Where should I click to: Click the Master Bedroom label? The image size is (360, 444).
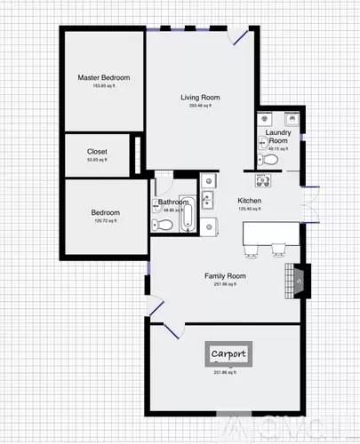click(x=100, y=78)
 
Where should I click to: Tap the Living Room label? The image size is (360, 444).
click(x=201, y=98)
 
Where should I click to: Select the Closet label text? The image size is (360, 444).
click(x=97, y=151)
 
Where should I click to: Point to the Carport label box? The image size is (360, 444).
click(x=228, y=353)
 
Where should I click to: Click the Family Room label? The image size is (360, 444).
click(x=225, y=276)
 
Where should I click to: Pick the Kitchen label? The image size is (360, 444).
click(x=249, y=202)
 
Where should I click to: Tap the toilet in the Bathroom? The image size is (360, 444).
click(x=160, y=224)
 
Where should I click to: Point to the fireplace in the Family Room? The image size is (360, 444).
click(x=298, y=281)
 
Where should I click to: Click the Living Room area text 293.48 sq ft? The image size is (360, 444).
click(x=201, y=106)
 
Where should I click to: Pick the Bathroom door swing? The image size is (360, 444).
click(x=164, y=186)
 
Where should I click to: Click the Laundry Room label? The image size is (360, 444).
click(x=277, y=137)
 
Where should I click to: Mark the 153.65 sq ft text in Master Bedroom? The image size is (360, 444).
click(x=100, y=86)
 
